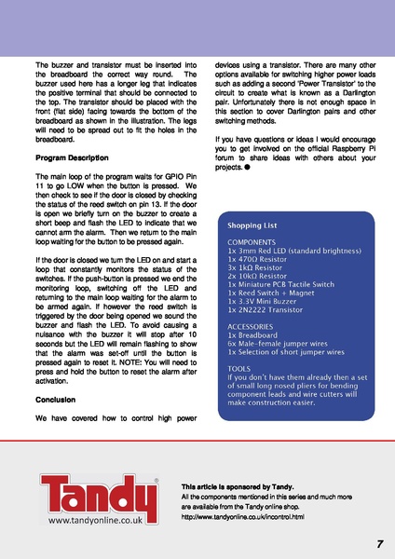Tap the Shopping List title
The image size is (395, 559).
tap(252, 225)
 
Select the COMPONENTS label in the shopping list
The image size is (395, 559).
tap(254, 240)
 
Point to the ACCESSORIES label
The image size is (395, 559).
tap(254, 327)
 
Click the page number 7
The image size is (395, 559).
tap(380, 543)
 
